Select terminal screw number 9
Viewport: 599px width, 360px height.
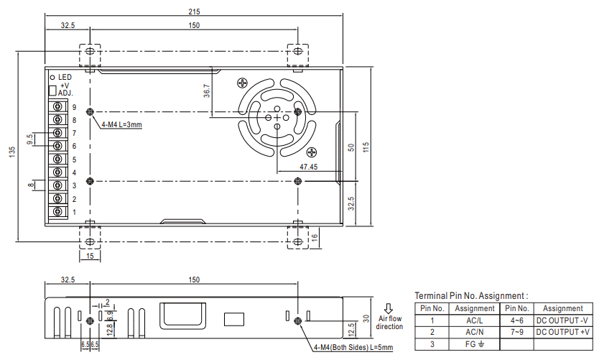[x=57, y=107]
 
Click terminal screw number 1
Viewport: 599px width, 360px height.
[x=57, y=212]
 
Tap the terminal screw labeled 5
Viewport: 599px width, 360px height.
[x=57, y=160]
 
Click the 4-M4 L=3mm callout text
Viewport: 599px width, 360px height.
[x=121, y=125]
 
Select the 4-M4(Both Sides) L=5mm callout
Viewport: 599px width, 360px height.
[x=353, y=348]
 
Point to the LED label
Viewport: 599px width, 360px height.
[x=64, y=76]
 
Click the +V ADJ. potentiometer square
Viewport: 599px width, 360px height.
[x=52, y=90]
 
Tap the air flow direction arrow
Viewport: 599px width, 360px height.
[x=389, y=309]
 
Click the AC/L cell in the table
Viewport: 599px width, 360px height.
[x=475, y=320]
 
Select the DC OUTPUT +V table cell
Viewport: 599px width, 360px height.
[x=563, y=332]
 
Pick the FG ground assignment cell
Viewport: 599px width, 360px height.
[x=475, y=344]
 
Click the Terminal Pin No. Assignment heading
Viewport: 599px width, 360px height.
[x=471, y=295]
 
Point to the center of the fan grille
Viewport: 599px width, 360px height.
[x=277, y=117]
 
